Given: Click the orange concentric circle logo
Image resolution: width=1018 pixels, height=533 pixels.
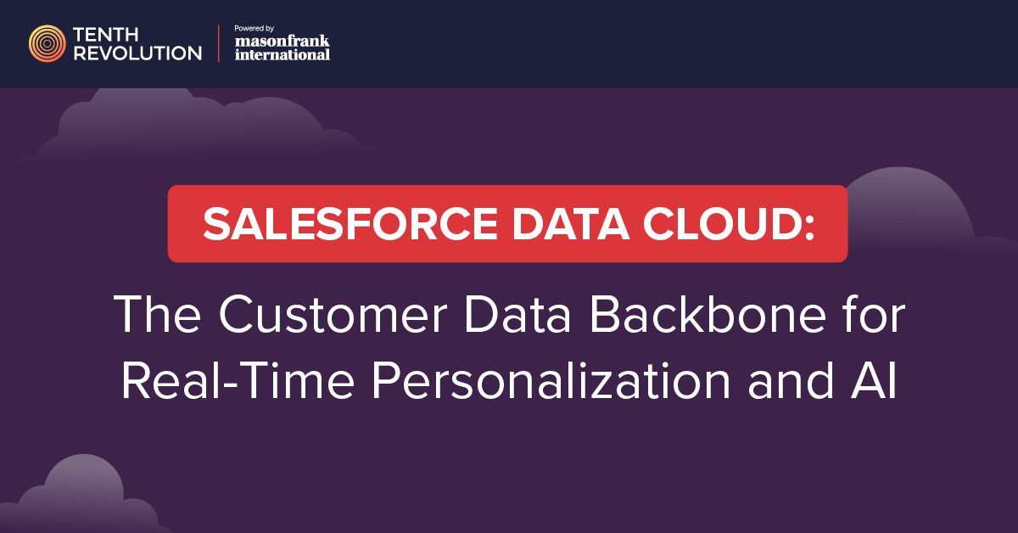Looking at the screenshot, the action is (47, 43).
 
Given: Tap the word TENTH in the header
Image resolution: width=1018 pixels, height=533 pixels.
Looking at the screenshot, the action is (105, 35).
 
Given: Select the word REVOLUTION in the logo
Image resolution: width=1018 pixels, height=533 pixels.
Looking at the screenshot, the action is (137, 53).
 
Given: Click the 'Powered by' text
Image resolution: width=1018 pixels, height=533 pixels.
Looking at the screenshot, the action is (254, 28).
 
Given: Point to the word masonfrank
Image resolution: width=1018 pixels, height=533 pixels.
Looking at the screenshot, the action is (282, 41).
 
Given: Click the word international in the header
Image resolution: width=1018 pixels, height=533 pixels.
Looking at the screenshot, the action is (282, 54).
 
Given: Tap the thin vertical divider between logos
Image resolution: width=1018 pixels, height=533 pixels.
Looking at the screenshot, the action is (219, 43).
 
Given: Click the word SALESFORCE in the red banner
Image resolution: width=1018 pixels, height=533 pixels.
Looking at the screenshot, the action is (350, 224).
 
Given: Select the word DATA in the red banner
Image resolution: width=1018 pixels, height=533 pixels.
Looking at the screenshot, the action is (571, 224).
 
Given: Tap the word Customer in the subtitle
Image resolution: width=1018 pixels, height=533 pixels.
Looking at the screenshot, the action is (333, 315).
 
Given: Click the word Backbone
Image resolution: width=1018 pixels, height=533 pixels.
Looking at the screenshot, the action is (708, 314).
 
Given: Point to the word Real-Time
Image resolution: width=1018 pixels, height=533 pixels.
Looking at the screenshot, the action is (238, 380).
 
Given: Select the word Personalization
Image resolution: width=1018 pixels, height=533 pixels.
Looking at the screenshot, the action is (551, 380).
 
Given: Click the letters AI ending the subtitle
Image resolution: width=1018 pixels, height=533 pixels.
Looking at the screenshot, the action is (875, 380).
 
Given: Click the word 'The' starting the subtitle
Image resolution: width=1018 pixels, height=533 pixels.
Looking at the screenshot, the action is (157, 314).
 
